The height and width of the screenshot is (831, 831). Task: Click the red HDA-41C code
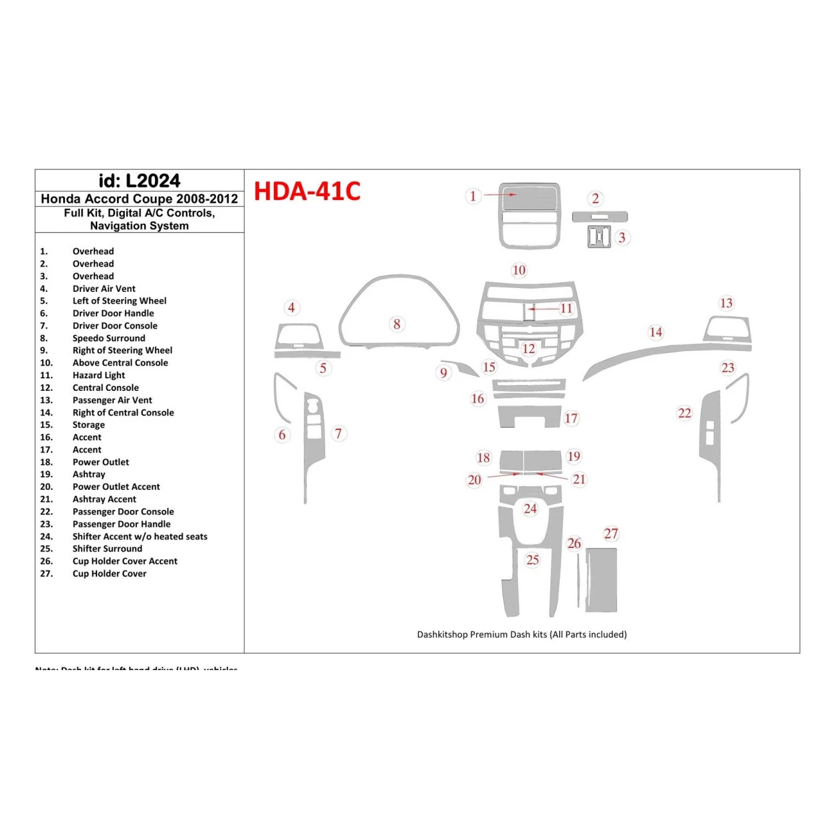306,191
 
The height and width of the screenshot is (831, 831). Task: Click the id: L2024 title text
139,181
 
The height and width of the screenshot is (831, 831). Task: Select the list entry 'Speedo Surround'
108,338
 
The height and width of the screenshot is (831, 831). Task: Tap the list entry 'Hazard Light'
98,376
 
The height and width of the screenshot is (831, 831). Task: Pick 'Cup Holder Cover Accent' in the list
124,561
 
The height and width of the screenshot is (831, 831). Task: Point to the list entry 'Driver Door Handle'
113,313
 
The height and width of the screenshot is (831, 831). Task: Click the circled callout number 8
397,324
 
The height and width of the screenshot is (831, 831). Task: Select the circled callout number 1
473,196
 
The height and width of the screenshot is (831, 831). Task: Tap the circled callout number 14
655,332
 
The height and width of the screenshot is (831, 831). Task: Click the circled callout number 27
611,533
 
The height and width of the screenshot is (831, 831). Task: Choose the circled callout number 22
684,413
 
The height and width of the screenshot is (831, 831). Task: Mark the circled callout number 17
571,418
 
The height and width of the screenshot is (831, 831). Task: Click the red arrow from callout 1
499,195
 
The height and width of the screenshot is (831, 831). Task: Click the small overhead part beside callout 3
599,237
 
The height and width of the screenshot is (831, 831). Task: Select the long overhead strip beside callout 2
600,217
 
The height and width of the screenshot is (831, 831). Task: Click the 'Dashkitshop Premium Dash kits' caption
521,634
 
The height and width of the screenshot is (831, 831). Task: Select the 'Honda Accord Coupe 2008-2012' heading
139,199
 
